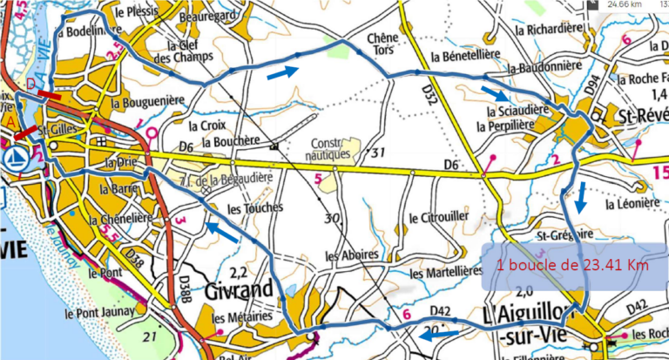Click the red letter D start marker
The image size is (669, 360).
tap(31, 85)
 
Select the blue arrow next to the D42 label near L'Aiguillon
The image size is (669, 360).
tap(444, 333)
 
